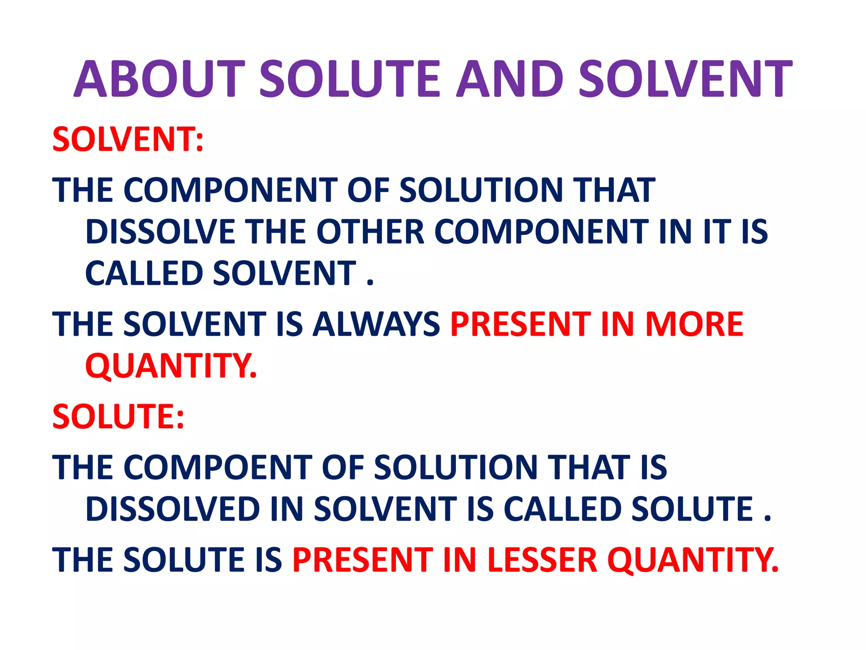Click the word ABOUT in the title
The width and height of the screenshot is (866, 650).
pos(160,79)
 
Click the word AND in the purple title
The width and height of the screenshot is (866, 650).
pos(510,79)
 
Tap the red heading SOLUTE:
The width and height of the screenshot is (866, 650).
pos(118,416)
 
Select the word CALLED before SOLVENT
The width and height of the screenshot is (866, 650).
pos(144,273)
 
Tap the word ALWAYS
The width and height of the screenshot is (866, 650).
pos(376,324)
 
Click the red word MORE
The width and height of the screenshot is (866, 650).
pos(694,324)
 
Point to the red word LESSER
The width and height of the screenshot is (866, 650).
pos(542,559)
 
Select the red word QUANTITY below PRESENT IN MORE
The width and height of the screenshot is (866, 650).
pos(171,366)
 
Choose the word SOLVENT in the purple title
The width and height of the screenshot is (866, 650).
pos(685,79)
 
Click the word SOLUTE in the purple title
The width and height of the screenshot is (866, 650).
pos(350,79)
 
